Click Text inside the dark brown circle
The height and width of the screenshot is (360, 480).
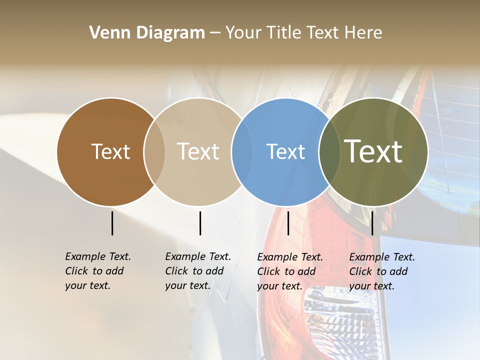pos(110,151)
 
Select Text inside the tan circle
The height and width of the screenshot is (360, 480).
pos(198,151)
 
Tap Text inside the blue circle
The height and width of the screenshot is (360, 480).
pos(285,151)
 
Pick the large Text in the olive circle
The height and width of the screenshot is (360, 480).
pos(373,151)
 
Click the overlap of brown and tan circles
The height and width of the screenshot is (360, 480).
pos(154,152)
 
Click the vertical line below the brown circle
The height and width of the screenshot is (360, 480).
pos(112,223)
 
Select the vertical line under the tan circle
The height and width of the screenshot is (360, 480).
pos(200,223)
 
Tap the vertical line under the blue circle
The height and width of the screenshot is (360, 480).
pos(288,223)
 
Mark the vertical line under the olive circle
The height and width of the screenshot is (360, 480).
pos(372,223)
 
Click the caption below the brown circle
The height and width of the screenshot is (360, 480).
pos(97,271)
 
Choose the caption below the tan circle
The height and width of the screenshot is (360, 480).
pos(197,271)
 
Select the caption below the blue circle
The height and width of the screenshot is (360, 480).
pos(289,271)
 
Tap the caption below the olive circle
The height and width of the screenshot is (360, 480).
pos(381,271)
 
